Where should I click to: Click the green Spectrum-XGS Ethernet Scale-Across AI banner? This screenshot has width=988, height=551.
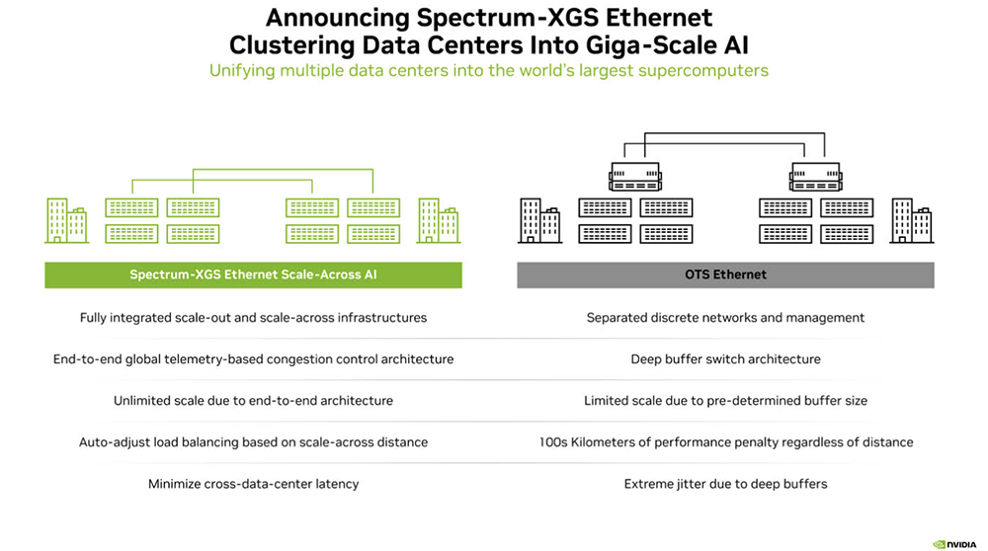253,275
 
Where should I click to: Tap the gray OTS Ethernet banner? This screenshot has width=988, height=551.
725,275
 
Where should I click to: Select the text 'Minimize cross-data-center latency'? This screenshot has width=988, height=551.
253,484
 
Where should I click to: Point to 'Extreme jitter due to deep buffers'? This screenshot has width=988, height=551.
725,484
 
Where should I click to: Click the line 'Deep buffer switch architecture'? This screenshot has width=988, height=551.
725,359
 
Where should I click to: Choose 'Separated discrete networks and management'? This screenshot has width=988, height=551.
725,318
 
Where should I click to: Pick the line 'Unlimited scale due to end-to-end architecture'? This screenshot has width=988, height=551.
253,401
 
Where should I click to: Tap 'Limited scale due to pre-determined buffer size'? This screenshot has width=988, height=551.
725,401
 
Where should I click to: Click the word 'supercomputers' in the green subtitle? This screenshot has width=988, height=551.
704,70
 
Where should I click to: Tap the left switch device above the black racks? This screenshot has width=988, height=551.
634,178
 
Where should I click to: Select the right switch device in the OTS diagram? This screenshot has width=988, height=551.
816,178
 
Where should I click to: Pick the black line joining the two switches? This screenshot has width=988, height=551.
725,132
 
